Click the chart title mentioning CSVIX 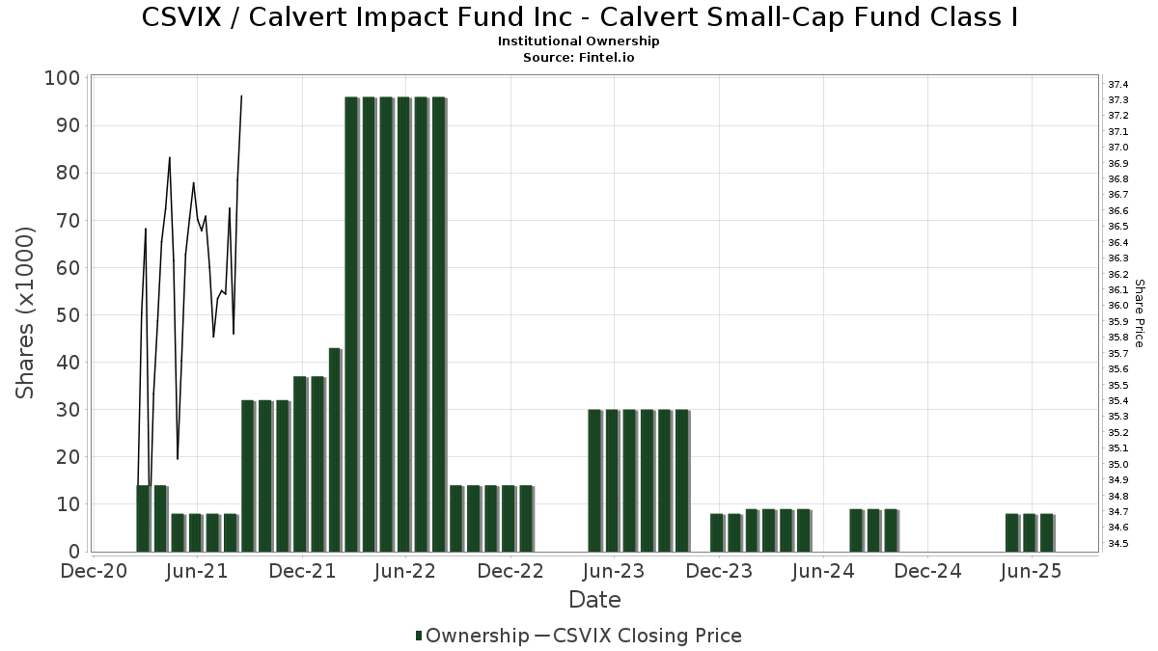click(579, 17)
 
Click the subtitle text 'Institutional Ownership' click(579, 41)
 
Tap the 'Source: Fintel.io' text click(579, 58)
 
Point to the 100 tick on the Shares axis click(63, 78)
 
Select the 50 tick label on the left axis click(63, 315)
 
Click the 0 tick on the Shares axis click(71, 552)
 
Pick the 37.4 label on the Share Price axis click(1118, 85)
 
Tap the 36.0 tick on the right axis click(1118, 306)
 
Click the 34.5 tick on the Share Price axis click(1118, 544)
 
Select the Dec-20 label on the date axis click(93, 572)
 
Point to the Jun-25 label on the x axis click(1032, 572)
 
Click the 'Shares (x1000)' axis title click(25, 312)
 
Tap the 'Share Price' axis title click(1140, 312)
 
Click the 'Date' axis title click(594, 600)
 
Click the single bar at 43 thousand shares click(335, 449)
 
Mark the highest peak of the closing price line click(241, 96)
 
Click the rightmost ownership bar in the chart click(1047, 532)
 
